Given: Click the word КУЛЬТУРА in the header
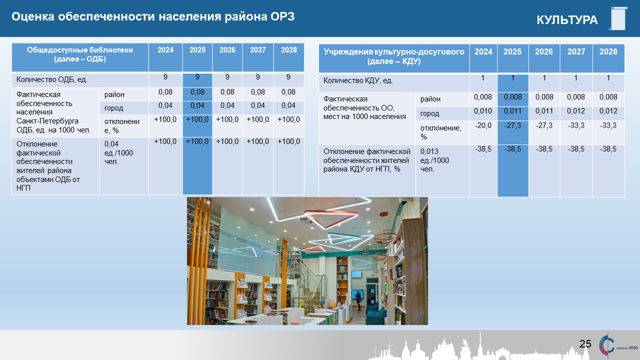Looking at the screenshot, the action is pos(567,19).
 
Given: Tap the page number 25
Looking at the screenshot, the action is pos(585,343).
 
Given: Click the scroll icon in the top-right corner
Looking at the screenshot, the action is pos(618,18).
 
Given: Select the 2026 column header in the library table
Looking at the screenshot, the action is pos(227,50).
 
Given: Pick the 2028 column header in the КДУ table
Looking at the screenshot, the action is pos(608,51).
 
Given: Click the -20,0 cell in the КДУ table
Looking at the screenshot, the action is pos(483,125).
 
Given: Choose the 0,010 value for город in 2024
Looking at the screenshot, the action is pos(483,111).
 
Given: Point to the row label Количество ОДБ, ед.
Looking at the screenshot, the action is pos(51,79).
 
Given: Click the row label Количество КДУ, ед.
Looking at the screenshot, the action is pos(358,80).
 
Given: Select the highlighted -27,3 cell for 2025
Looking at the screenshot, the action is pos(512,125).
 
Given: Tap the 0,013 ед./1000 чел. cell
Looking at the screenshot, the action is pos(434,160).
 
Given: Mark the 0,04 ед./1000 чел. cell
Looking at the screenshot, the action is pos(118,152).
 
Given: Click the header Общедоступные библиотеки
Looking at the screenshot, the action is pos(80,50).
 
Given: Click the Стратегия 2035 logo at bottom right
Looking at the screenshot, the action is pos(618,345).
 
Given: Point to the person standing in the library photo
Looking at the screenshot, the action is pos(358,300).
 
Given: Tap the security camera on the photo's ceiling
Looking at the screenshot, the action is pos(403,201).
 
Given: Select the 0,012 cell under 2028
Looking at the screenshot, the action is pos(608,111).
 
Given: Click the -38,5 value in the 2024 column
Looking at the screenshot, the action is pos(483,149).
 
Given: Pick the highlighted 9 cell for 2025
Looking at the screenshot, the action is pos(197,77).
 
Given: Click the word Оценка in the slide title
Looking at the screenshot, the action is pos(33,16).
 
